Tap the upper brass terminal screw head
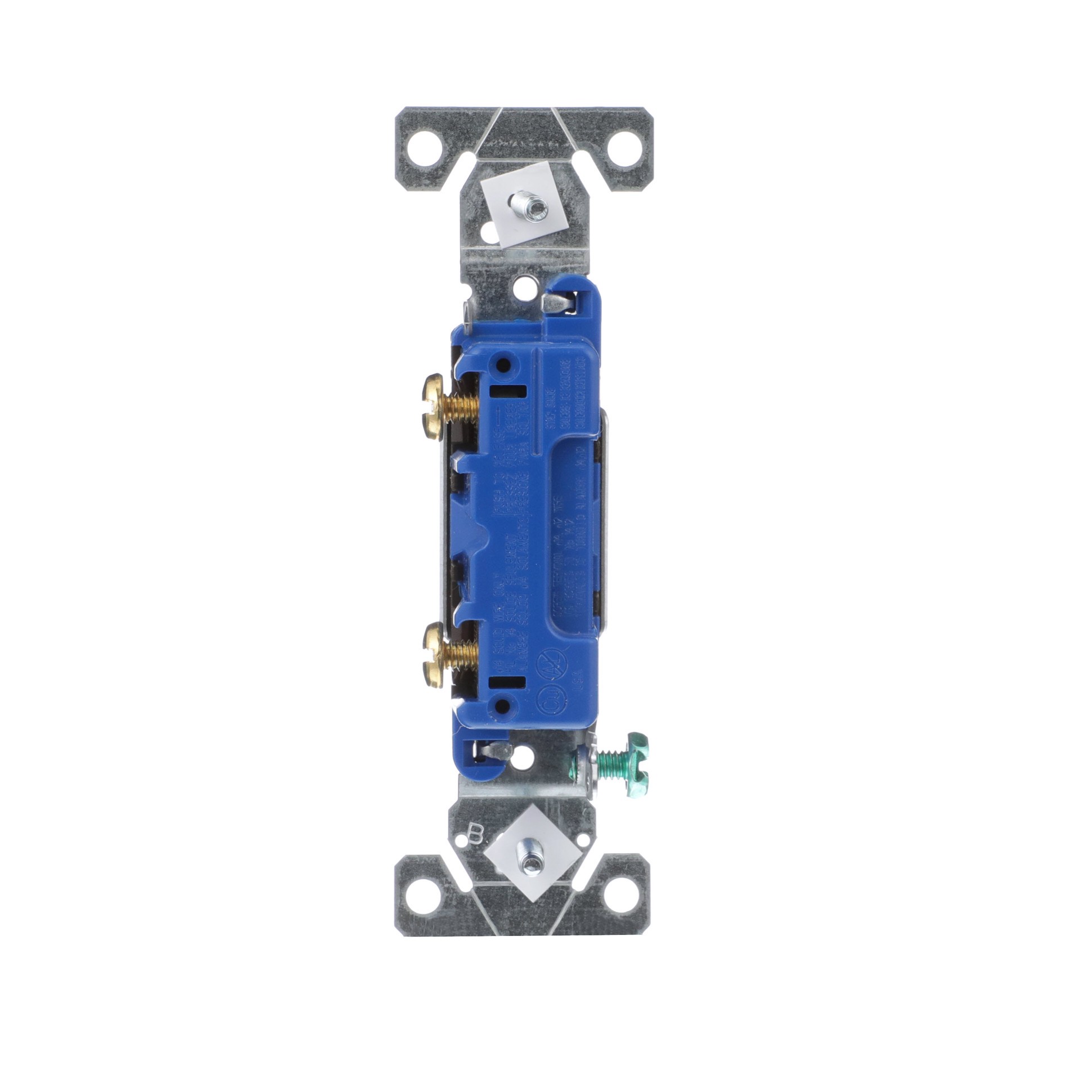click(429, 397)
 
